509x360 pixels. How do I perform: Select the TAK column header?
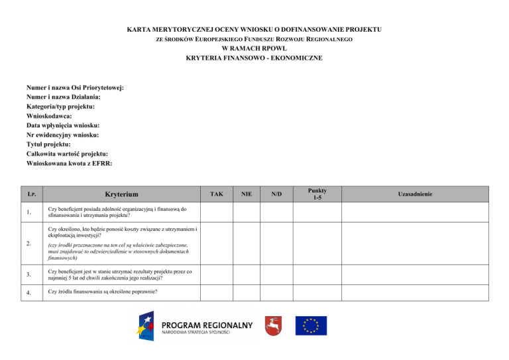216,194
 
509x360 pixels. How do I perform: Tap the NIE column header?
247,194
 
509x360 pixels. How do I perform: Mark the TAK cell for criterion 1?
216,213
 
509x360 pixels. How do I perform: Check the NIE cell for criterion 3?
247,275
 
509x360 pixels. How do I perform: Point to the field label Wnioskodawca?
54,115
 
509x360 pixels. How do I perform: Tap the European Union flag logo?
311,325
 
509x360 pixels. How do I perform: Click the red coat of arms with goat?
270,325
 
